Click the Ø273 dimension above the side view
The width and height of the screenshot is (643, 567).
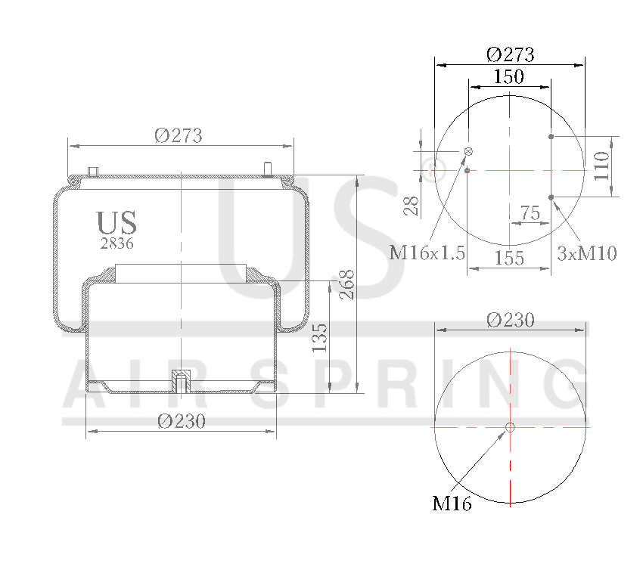tap(179, 135)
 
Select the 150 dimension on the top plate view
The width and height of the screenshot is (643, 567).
tap(509, 76)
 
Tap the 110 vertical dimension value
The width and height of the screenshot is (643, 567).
tap(601, 166)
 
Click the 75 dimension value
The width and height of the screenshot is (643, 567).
tap(530, 213)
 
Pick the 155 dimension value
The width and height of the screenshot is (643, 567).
tap(508, 258)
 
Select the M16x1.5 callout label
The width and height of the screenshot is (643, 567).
tap(427, 253)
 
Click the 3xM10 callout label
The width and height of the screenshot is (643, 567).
tap(586, 253)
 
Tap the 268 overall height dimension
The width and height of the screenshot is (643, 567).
tap(346, 284)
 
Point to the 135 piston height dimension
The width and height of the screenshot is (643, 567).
tap(320, 337)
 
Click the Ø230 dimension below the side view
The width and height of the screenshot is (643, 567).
tap(182, 422)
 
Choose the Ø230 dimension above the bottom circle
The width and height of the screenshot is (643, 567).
tap(510, 320)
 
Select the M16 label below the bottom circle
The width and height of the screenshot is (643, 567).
tap(452, 503)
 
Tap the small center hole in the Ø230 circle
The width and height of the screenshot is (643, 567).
tap(510, 427)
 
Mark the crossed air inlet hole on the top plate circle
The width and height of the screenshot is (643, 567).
tap(468, 152)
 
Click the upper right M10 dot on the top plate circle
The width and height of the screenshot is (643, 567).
tap(551, 137)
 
